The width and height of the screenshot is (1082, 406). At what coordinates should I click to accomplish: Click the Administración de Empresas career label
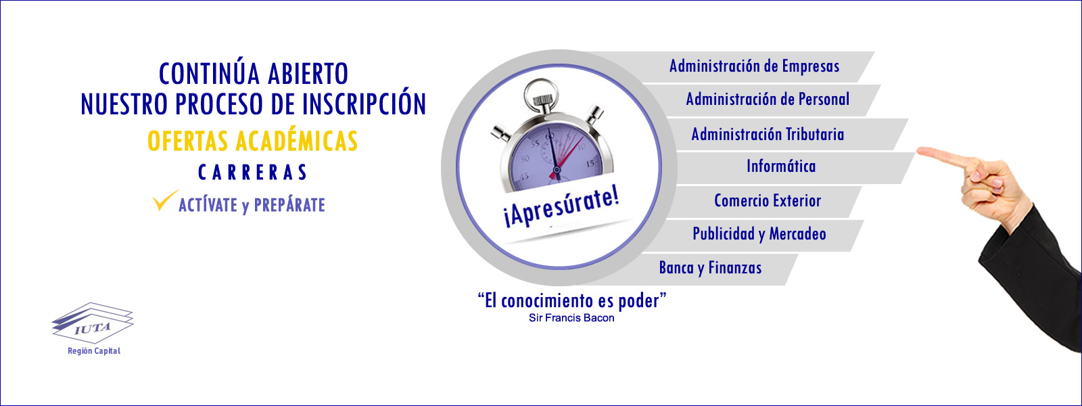(x=754, y=66)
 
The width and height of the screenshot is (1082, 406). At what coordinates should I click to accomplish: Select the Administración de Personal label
(x=768, y=99)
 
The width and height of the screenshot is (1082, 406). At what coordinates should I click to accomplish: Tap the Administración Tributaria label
(x=768, y=134)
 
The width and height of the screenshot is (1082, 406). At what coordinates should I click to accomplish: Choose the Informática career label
(x=781, y=166)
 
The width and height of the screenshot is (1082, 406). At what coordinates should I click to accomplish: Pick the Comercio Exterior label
(x=768, y=200)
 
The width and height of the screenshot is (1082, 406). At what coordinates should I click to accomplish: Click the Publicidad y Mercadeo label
(x=759, y=234)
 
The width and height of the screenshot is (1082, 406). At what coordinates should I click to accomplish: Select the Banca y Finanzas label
(x=710, y=268)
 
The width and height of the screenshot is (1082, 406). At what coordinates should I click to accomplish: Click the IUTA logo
(x=92, y=323)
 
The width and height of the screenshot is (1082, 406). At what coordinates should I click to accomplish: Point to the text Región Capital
(x=94, y=351)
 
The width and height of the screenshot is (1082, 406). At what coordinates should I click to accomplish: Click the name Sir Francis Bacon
(x=571, y=318)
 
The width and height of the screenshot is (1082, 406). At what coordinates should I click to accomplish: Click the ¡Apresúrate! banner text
(x=561, y=208)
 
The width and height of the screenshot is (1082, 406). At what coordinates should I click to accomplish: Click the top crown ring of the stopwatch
(x=541, y=92)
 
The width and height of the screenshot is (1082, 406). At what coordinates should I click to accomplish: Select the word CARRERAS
(x=253, y=173)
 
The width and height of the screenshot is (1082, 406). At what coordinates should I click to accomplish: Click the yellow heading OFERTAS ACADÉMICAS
(x=253, y=141)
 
